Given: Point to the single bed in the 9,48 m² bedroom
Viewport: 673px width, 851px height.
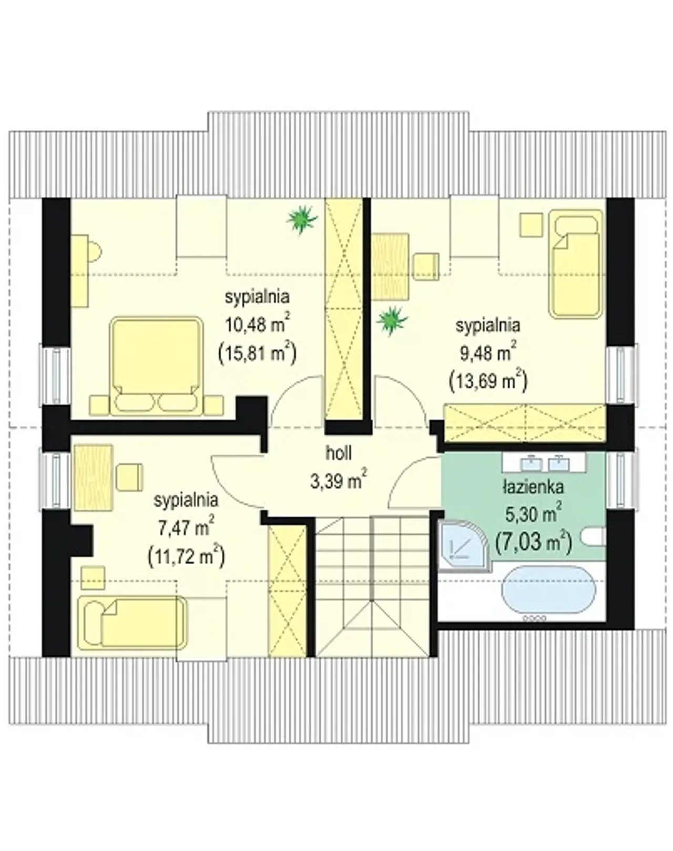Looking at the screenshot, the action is (576, 263).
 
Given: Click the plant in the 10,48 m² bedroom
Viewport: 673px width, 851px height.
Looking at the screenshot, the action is (302, 220).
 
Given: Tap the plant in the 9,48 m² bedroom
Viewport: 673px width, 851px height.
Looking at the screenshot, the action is (392, 321).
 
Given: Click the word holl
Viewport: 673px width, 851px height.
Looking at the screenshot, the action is (339, 454).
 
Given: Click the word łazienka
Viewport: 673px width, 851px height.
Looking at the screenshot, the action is (534, 488).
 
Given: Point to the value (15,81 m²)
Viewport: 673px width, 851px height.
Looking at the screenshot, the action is (257, 352).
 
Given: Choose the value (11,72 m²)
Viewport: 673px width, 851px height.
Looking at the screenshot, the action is (186, 556).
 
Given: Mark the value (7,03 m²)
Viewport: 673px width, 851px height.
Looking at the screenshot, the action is (534, 542).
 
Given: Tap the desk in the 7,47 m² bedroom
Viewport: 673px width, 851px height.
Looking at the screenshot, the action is (93, 478).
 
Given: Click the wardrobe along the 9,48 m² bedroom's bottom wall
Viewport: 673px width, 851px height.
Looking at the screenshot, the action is (525, 423).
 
